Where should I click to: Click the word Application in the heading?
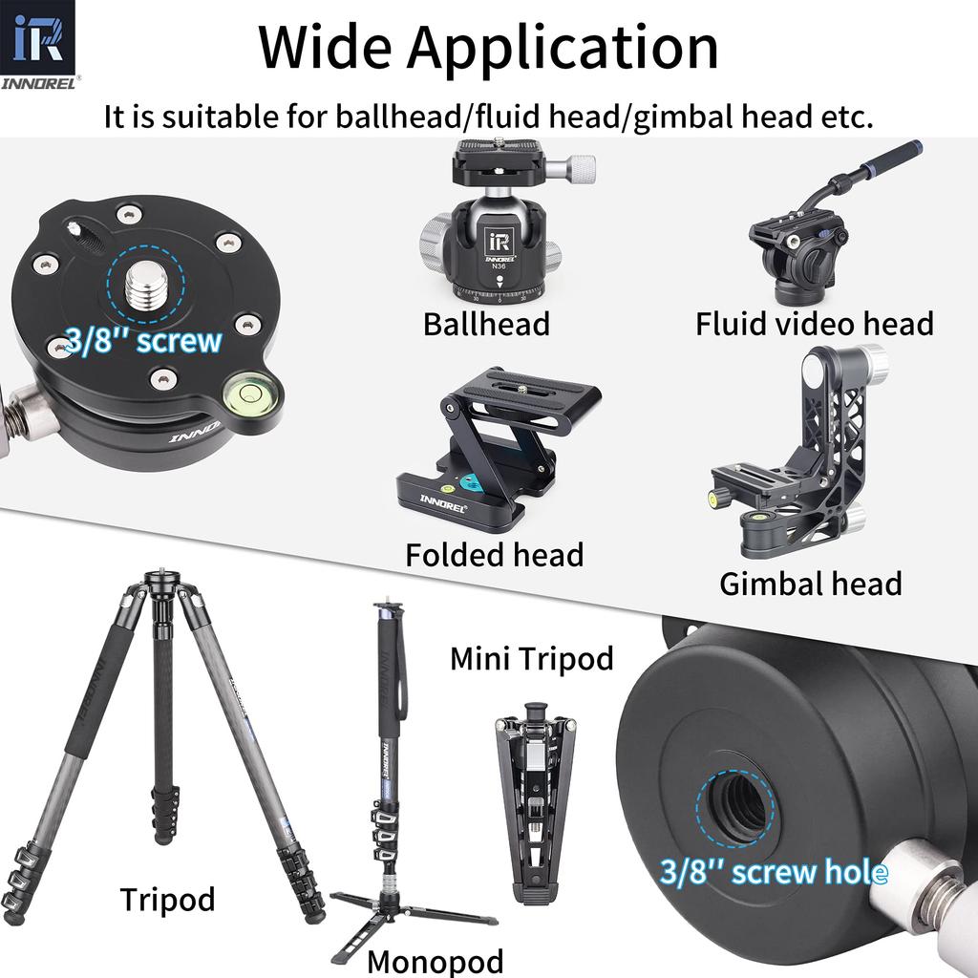pyautogui.click(x=563, y=48)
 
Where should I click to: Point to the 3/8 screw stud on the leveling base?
pyautogui.click(x=155, y=284)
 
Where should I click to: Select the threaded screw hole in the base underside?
pyautogui.click(x=739, y=805)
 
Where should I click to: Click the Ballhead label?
pyautogui.click(x=486, y=324)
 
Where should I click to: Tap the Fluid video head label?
pyautogui.click(x=814, y=324)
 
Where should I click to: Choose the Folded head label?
pyautogui.click(x=494, y=555)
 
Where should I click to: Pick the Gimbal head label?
pyautogui.click(x=810, y=584)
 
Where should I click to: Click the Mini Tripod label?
pyautogui.click(x=531, y=658)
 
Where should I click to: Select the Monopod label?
pyautogui.click(x=435, y=960)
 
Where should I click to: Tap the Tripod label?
pyautogui.click(x=167, y=900)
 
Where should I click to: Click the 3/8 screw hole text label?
pyautogui.click(x=774, y=871)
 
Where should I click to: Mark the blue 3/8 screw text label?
pyautogui.click(x=143, y=341)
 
